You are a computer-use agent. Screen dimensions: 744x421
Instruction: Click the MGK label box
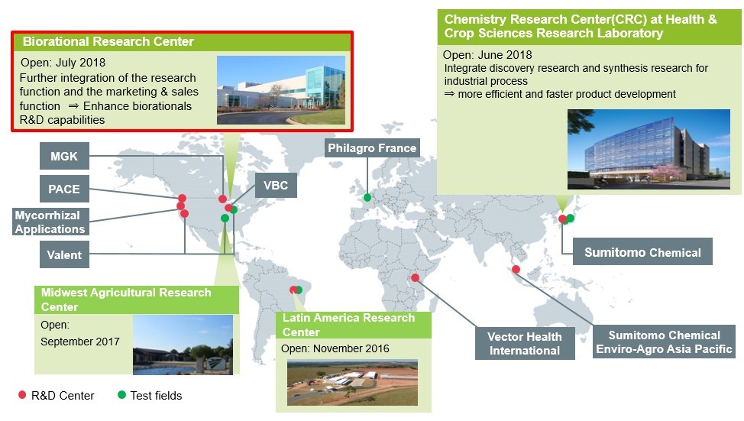[x=64, y=156]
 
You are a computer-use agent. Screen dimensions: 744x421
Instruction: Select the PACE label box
[x=64, y=189]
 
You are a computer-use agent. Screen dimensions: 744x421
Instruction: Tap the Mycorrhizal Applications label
[x=50, y=222]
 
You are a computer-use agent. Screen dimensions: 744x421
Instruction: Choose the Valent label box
[x=64, y=254]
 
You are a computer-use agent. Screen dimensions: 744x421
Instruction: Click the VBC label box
[x=277, y=185]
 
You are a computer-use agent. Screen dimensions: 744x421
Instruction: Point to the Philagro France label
[x=372, y=148]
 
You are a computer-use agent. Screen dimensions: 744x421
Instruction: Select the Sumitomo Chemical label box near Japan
[x=642, y=251]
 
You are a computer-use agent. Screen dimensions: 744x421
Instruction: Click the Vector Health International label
[x=525, y=343]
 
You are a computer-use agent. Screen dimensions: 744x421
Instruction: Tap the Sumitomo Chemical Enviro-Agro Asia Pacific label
[x=665, y=342]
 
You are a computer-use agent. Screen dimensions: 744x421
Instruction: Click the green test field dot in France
[x=367, y=197]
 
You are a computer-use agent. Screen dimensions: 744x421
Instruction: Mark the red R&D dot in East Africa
[x=416, y=277]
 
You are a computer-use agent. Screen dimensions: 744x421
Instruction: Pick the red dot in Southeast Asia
[x=516, y=270]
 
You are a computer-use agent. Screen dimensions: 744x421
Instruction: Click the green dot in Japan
[x=570, y=218]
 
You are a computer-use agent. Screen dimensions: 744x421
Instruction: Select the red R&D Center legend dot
[x=22, y=395]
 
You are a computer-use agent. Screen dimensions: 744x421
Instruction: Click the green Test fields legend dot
[x=121, y=395]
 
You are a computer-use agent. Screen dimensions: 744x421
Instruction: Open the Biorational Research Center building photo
[x=281, y=90]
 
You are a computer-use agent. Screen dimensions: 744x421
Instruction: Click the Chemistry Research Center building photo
[x=649, y=149]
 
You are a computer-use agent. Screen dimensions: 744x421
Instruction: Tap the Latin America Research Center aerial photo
[x=352, y=383]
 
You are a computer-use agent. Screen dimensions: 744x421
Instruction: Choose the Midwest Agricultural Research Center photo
[x=183, y=345]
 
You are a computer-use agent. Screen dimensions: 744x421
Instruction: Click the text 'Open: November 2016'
[x=335, y=349]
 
